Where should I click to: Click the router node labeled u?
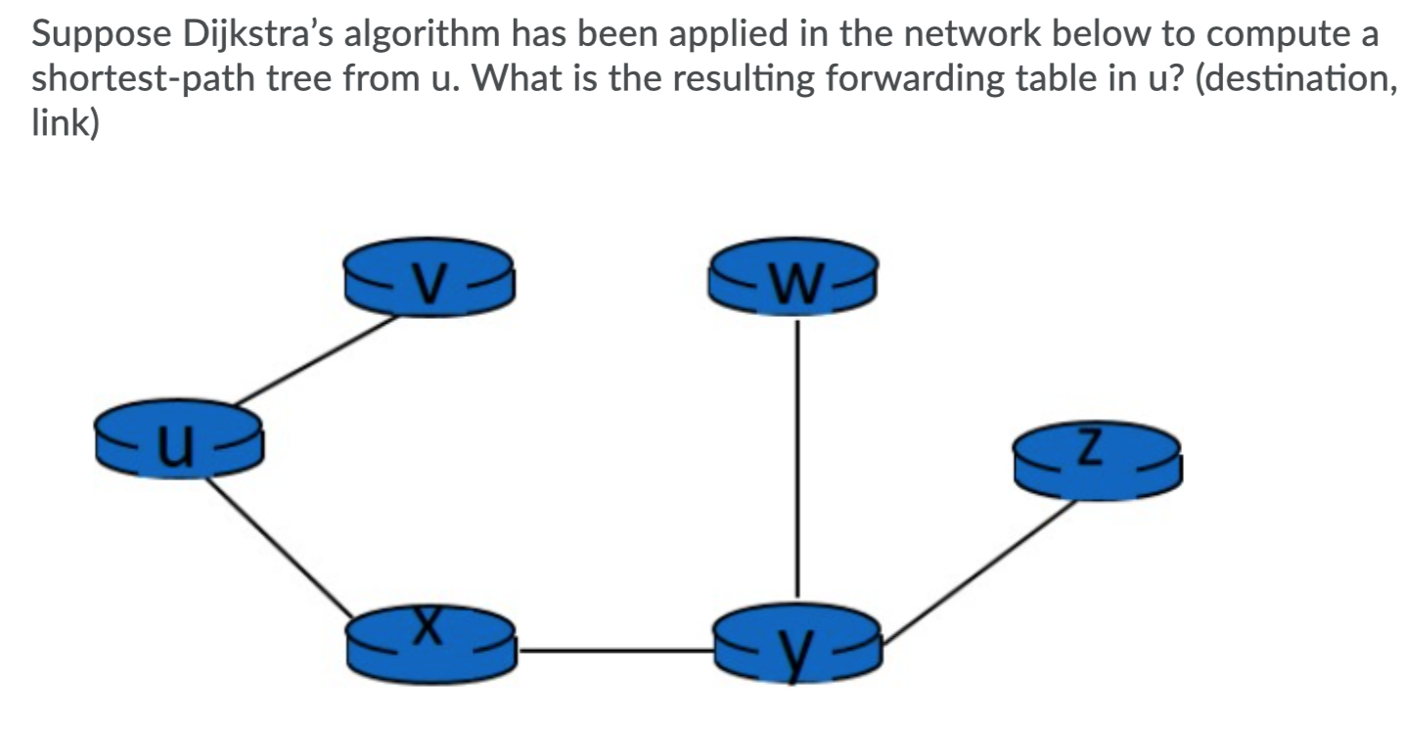178,440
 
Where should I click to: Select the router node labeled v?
429,277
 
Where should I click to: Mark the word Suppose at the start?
90,36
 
